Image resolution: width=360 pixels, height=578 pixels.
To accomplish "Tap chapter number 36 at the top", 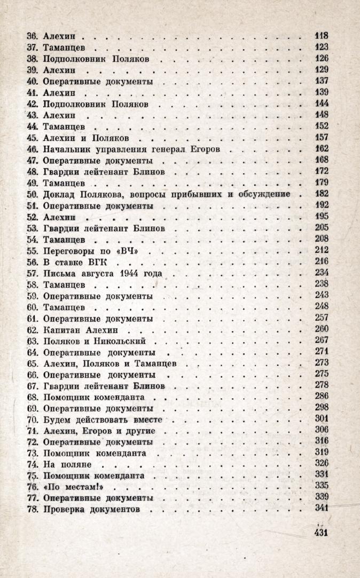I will [x=33, y=37].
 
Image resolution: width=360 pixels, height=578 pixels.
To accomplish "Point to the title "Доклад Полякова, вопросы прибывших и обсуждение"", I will [x=167, y=194].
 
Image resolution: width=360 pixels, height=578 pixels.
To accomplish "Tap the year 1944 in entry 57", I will [x=130, y=273].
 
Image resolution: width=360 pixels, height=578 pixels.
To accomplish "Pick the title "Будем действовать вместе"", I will [x=105, y=418].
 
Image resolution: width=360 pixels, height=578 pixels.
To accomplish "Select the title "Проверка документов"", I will [x=91, y=509].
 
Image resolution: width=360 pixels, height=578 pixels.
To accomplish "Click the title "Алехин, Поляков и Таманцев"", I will [x=111, y=363].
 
